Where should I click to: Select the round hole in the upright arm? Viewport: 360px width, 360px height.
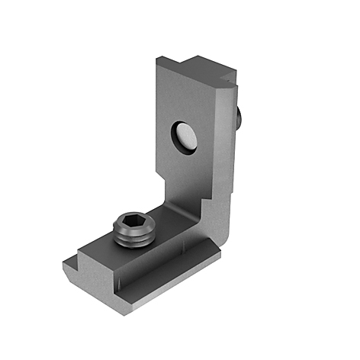coord(184,138)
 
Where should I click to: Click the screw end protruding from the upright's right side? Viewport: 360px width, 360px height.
coord(241,117)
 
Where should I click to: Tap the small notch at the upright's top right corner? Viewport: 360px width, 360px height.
coord(226,78)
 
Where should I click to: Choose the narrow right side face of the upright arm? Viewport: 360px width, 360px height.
coord(230,168)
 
